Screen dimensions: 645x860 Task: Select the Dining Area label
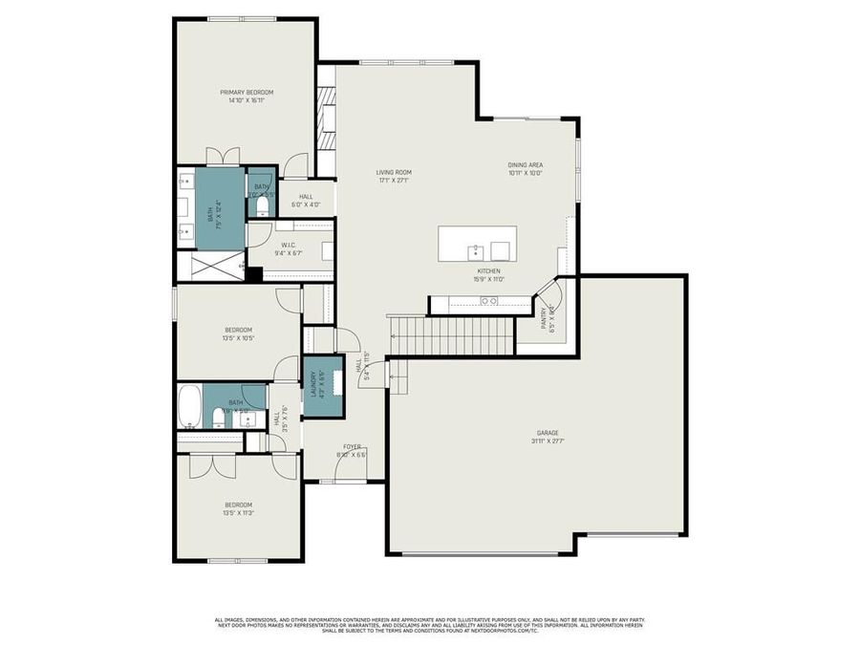(x=525, y=165)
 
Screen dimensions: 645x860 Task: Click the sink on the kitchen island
(x=475, y=251)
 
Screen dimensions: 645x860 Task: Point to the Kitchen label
(x=487, y=271)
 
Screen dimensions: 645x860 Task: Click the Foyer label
(x=352, y=446)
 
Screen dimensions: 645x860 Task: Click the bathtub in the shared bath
(x=189, y=405)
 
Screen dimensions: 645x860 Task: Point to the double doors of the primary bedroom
(x=223, y=157)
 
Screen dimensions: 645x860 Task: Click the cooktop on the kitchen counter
(x=488, y=301)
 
